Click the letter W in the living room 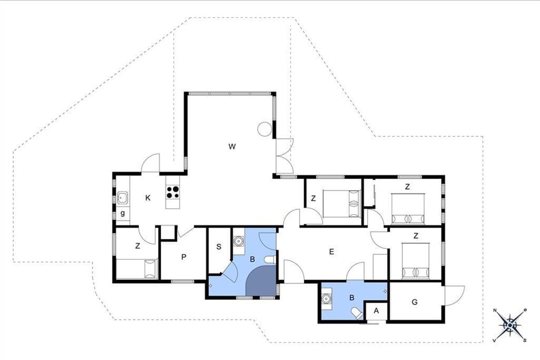pos(232,146)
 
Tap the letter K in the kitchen pos(148,198)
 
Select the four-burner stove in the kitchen pos(173,192)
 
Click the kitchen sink pos(122,198)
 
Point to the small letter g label pos(123,213)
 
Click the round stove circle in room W pos(265,129)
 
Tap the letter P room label pos(184,257)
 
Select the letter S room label pos(219,247)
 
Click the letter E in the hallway pos(332,252)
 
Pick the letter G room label pos(414,302)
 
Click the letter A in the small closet pos(376,311)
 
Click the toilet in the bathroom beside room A pos(356,313)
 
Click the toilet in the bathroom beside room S pos(270,260)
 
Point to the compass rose pos(509,325)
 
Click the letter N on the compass pos(495,310)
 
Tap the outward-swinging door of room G pos(454,296)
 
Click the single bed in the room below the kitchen pos(137,269)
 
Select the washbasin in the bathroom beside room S pos(238,241)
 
